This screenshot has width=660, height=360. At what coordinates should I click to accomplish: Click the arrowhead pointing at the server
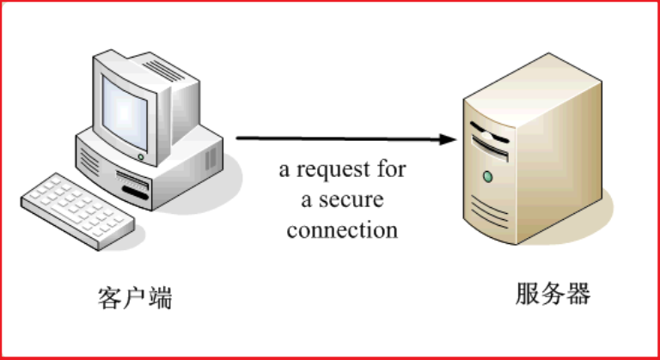(x=446, y=138)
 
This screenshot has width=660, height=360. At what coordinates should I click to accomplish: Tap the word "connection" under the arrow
(x=342, y=230)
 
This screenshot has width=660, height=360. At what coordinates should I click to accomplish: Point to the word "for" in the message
(x=391, y=169)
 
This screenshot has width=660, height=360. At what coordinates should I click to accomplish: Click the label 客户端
(x=135, y=298)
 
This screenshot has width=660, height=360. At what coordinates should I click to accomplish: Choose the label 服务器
(x=553, y=294)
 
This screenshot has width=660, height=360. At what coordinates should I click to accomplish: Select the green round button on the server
(x=488, y=177)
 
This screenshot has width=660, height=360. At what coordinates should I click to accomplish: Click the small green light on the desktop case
(x=141, y=156)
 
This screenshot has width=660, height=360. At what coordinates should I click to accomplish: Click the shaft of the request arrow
(x=335, y=137)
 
